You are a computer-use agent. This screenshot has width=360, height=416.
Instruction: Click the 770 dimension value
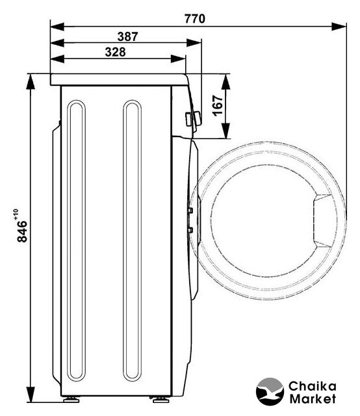click(x=195, y=19)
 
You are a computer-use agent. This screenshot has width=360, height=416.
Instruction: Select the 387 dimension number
click(x=127, y=36)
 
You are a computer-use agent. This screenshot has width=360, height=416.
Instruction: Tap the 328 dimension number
click(x=115, y=52)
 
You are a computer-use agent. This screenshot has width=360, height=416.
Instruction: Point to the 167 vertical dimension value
click(x=218, y=105)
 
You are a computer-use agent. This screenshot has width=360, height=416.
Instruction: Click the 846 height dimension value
click(x=22, y=231)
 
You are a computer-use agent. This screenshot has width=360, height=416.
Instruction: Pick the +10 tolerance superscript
click(x=16, y=214)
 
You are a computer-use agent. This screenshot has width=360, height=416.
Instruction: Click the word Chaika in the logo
click(x=313, y=386)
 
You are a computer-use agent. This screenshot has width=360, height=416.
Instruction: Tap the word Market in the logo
click(x=313, y=398)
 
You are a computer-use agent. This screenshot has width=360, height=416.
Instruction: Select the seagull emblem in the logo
click(x=270, y=391)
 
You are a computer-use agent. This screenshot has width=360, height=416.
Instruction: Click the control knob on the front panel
click(x=193, y=119)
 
